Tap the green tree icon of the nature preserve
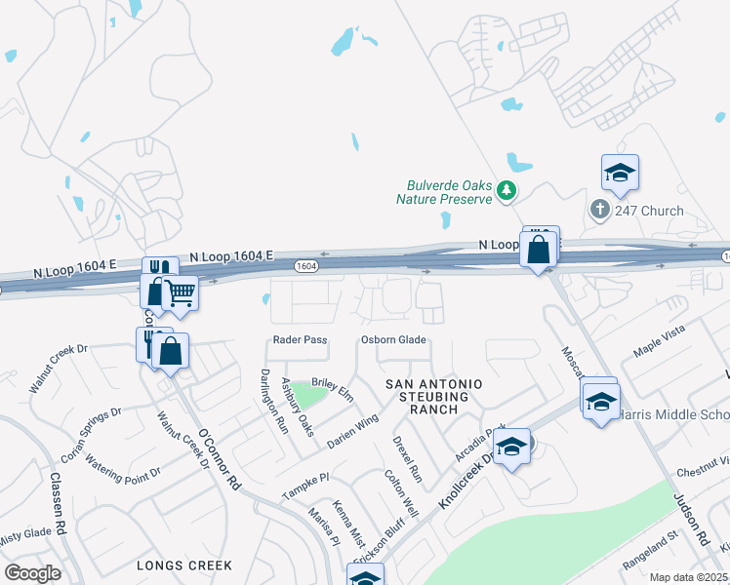point(506,190)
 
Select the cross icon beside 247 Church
point(599,210)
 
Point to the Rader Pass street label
point(300,340)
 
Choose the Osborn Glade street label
point(393,340)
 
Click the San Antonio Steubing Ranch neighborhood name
point(427,397)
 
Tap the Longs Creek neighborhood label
point(184,565)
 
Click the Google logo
point(32,573)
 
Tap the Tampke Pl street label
point(306,484)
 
